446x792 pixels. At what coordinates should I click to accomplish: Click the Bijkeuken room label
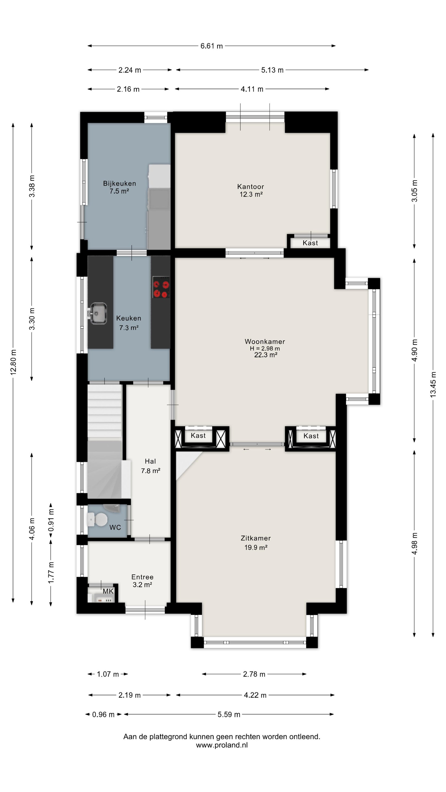[119, 183]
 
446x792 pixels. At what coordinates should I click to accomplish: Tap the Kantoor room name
[251, 187]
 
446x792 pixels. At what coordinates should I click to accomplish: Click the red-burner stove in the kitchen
[161, 287]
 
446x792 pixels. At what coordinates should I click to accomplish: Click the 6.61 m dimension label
[211, 46]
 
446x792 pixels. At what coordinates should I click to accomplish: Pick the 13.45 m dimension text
[433, 384]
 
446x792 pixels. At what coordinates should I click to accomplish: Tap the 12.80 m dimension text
[13, 362]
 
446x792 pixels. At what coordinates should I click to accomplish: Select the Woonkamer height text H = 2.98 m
[265, 348]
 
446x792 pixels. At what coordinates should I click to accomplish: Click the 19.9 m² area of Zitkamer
[256, 548]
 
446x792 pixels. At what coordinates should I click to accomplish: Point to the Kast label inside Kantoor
[310, 243]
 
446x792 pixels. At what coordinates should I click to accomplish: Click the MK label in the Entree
[108, 591]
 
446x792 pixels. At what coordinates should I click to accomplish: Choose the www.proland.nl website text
[222, 745]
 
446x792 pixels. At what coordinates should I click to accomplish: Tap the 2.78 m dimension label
[254, 674]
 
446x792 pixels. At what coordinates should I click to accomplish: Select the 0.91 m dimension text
[51, 520]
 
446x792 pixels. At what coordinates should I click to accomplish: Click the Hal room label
[150, 461]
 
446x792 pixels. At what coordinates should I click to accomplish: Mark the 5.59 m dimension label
[229, 714]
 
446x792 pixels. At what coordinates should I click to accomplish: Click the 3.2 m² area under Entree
[142, 585]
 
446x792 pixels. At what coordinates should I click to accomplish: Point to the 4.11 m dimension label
[252, 89]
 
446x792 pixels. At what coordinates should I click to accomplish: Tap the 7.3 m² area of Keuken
[129, 328]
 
